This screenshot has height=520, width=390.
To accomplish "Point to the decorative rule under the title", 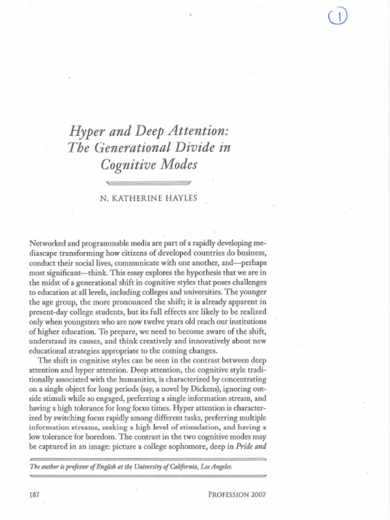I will pos(149,182).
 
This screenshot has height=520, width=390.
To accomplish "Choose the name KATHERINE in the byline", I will pos(133,198).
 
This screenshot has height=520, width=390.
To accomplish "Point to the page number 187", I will pos(36,494).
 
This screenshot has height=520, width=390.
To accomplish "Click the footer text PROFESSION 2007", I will pos(237,494).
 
